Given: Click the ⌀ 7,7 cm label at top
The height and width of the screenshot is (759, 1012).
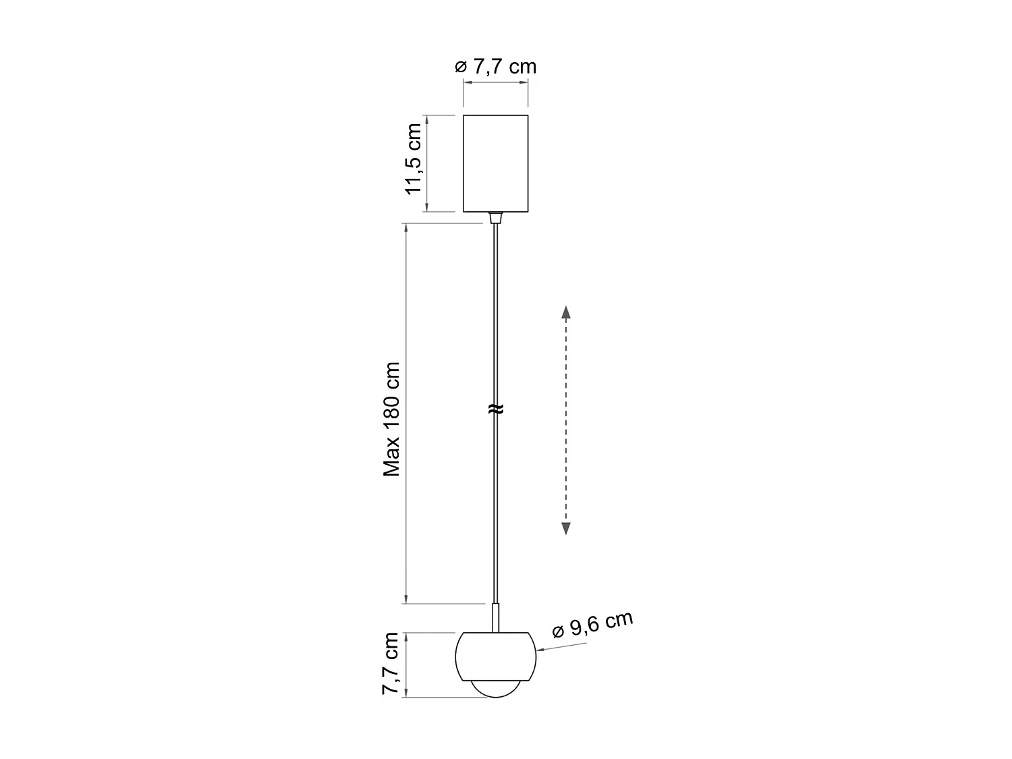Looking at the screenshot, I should click(x=496, y=66).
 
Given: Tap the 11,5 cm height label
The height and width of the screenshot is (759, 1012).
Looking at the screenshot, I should click(x=413, y=159).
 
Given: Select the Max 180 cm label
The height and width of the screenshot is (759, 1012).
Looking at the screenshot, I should click(x=392, y=419).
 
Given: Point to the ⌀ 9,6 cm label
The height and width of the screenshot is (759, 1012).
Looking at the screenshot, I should click(x=592, y=625).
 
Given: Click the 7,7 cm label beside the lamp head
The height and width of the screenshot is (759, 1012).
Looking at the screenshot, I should click(x=391, y=664).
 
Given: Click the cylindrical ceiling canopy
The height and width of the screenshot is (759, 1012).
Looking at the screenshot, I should click(x=495, y=163).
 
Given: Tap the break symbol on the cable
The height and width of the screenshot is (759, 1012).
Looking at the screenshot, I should click(x=496, y=408).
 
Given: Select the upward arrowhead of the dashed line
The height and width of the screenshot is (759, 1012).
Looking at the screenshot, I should click(x=566, y=312).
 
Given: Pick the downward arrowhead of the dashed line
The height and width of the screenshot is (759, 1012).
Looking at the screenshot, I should click(x=566, y=528).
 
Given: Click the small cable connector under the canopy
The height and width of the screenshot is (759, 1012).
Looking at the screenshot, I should click(x=496, y=217).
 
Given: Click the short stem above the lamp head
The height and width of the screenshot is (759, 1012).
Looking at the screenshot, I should click(x=496, y=617).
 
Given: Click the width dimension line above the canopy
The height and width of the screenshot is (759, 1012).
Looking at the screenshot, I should click(x=495, y=82).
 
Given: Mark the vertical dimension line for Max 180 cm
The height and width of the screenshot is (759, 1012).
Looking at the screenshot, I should click(x=405, y=412).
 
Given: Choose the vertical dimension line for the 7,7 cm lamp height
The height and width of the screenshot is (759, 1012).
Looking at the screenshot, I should click(x=405, y=664).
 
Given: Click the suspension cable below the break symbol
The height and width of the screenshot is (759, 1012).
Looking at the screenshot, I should click(x=496, y=506).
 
